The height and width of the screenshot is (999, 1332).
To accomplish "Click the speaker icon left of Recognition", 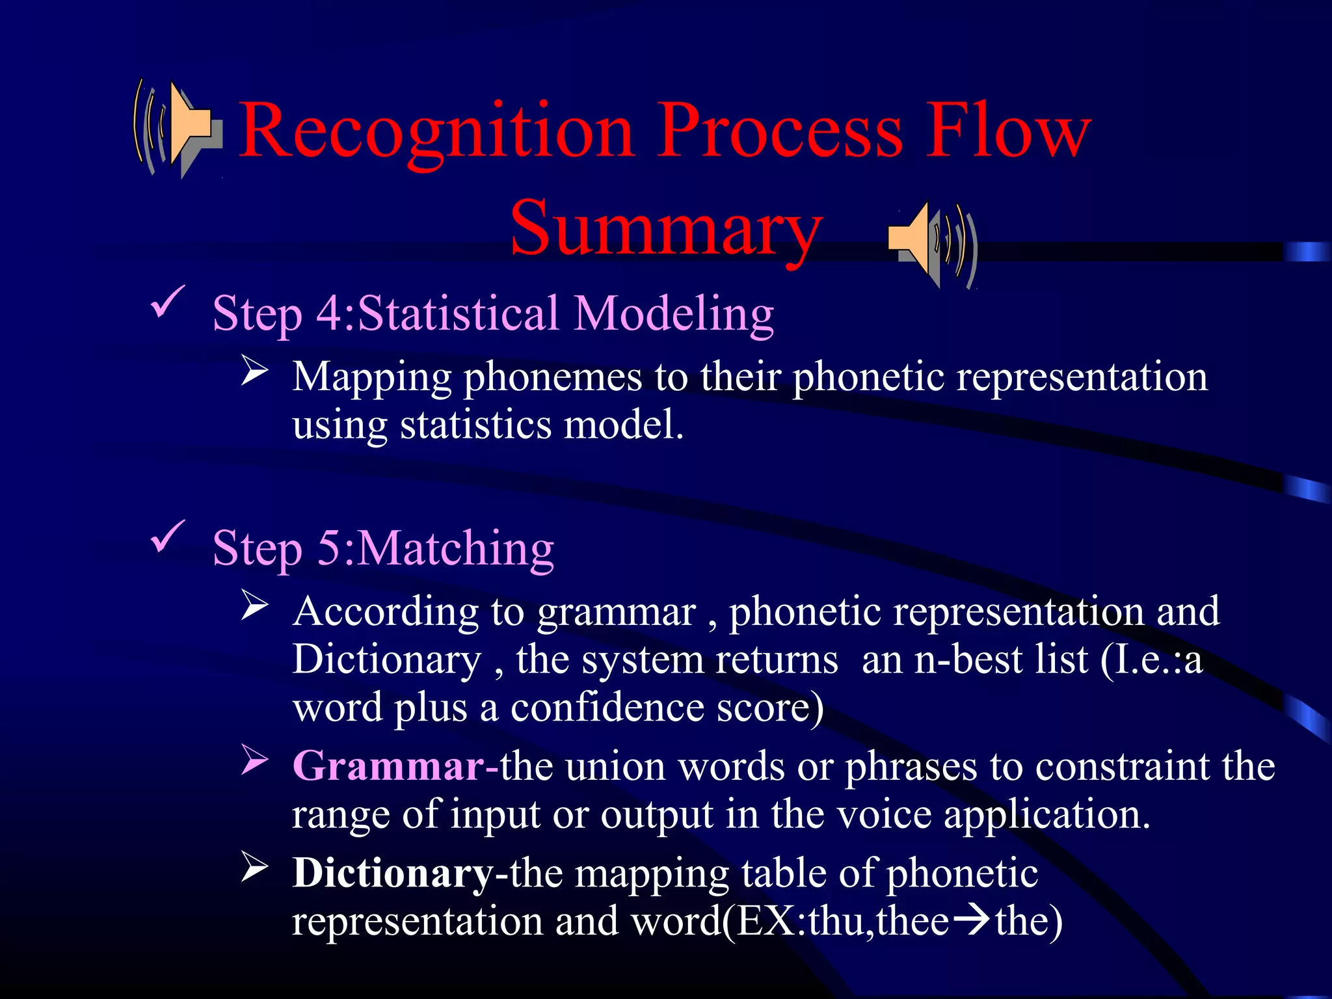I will click(177, 127).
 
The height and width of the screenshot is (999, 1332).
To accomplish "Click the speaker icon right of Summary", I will click(931, 245).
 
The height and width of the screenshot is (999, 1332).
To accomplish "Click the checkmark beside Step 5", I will click(168, 536).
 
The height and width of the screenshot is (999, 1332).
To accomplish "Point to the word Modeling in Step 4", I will click(674, 313).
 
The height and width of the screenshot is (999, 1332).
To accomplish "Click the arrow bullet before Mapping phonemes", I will click(254, 371).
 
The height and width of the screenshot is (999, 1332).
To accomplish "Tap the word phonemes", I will click(552, 377).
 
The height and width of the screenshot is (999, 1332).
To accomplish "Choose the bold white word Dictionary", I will click(393, 873).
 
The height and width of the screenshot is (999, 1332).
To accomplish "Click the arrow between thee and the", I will click(971, 920).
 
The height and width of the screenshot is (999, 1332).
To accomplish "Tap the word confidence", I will click(607, 707).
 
